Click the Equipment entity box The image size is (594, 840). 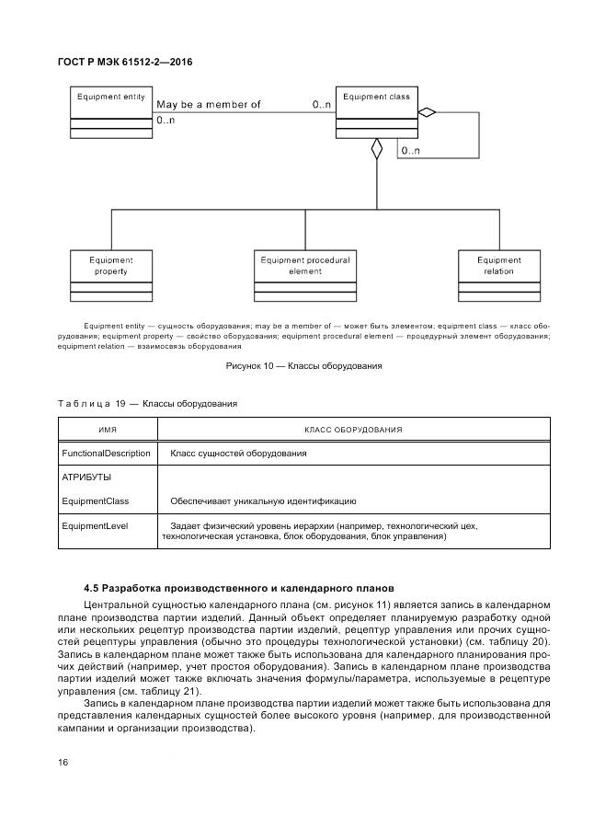(x=111, y=112)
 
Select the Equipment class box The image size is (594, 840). (x=376, y=112)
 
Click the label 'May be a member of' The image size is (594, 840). (x=209, y=105)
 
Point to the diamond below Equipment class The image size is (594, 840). (x=375, y=150)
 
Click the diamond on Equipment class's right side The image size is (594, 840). (x=425, y=112)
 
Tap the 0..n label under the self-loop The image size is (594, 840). (x=410, y=150)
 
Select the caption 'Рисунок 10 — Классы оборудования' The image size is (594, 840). (x=304, y=365)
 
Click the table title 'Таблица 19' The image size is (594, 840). (x=93, y=404)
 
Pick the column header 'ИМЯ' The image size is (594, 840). (x=108, y=430)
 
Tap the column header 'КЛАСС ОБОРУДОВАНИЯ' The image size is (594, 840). (x=353, y=430)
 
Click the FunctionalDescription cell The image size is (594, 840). (x=106, y=454)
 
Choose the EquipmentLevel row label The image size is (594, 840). (x=95, y=525)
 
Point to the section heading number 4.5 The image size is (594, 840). (x=91, y=588)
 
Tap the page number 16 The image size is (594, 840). (x=63, y=763)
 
